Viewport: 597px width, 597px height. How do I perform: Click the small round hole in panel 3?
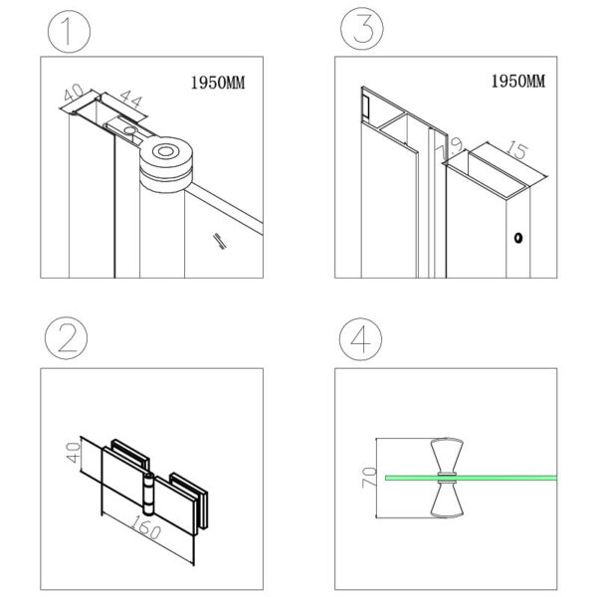[x=516, y=238]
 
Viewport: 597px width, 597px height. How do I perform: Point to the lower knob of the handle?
[x=445, y=503]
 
